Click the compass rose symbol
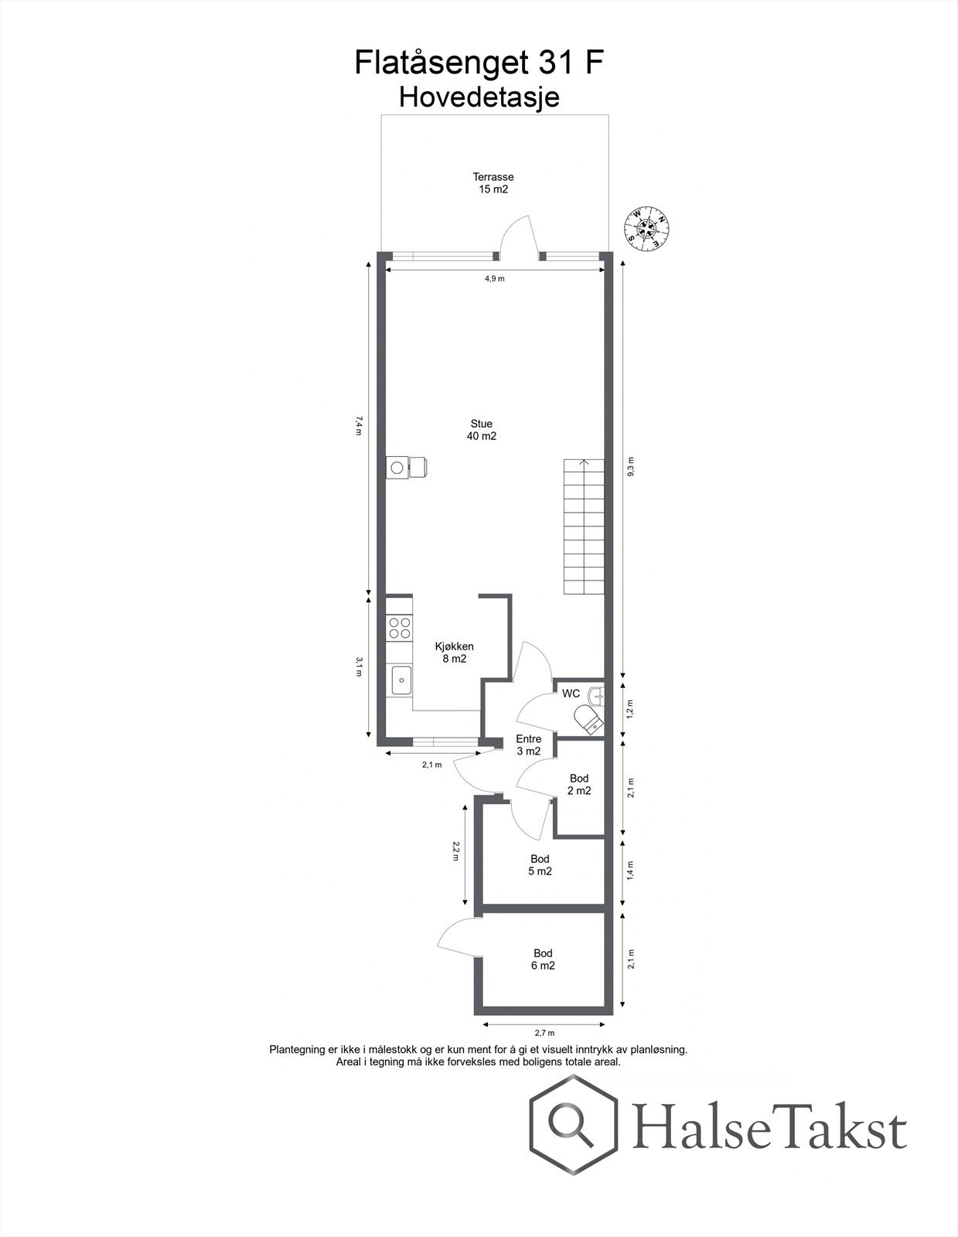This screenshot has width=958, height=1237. click(646, 228)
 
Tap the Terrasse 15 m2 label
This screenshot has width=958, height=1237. click(493, 183)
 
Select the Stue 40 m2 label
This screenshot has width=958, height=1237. click(481, 430)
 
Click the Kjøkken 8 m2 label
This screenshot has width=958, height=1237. click(454, 653)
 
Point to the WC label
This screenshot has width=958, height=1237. click(571, 693)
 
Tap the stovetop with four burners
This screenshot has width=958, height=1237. click(400, 627)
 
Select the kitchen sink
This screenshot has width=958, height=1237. click(401, 680)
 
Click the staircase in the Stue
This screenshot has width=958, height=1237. click(584, 526)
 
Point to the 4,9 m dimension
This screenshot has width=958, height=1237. click(495, 278)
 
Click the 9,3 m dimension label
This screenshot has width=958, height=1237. click(631, 468)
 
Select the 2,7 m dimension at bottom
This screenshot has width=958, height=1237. click(544, 1032)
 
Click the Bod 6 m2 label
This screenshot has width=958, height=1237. click(544, 959)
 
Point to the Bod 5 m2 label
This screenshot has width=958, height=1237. click(540, 865)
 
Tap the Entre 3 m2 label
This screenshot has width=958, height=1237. click(529, 745)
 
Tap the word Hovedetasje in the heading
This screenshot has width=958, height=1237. click(479, 97)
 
